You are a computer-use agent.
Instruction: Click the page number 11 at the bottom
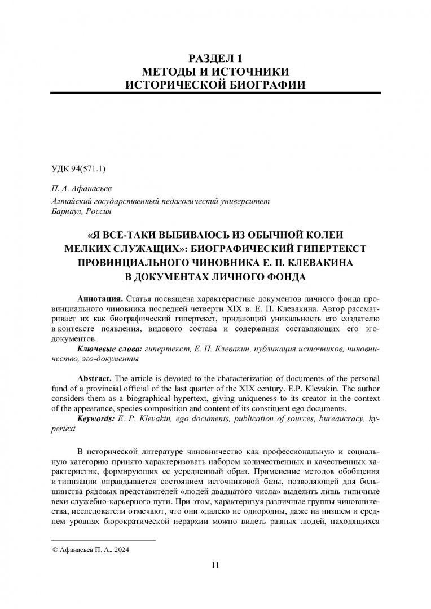click(x=215, y=566)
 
